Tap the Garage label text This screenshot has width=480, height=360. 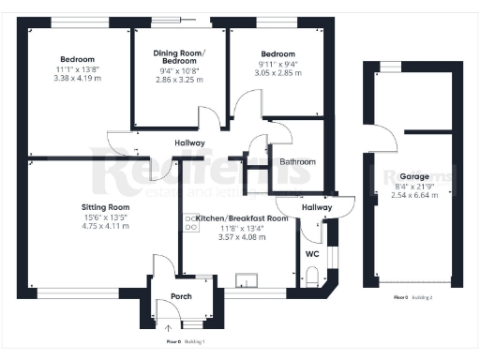tap(414, 175)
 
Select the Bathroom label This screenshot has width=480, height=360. tap(298, 162)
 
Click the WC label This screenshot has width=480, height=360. tap(313, 252)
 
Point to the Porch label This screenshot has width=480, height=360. tap(169, 299)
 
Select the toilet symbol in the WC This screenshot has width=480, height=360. tap(313, 276)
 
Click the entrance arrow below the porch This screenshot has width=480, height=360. tap(169, 327)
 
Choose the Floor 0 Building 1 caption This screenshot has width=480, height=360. tap(186, 342)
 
